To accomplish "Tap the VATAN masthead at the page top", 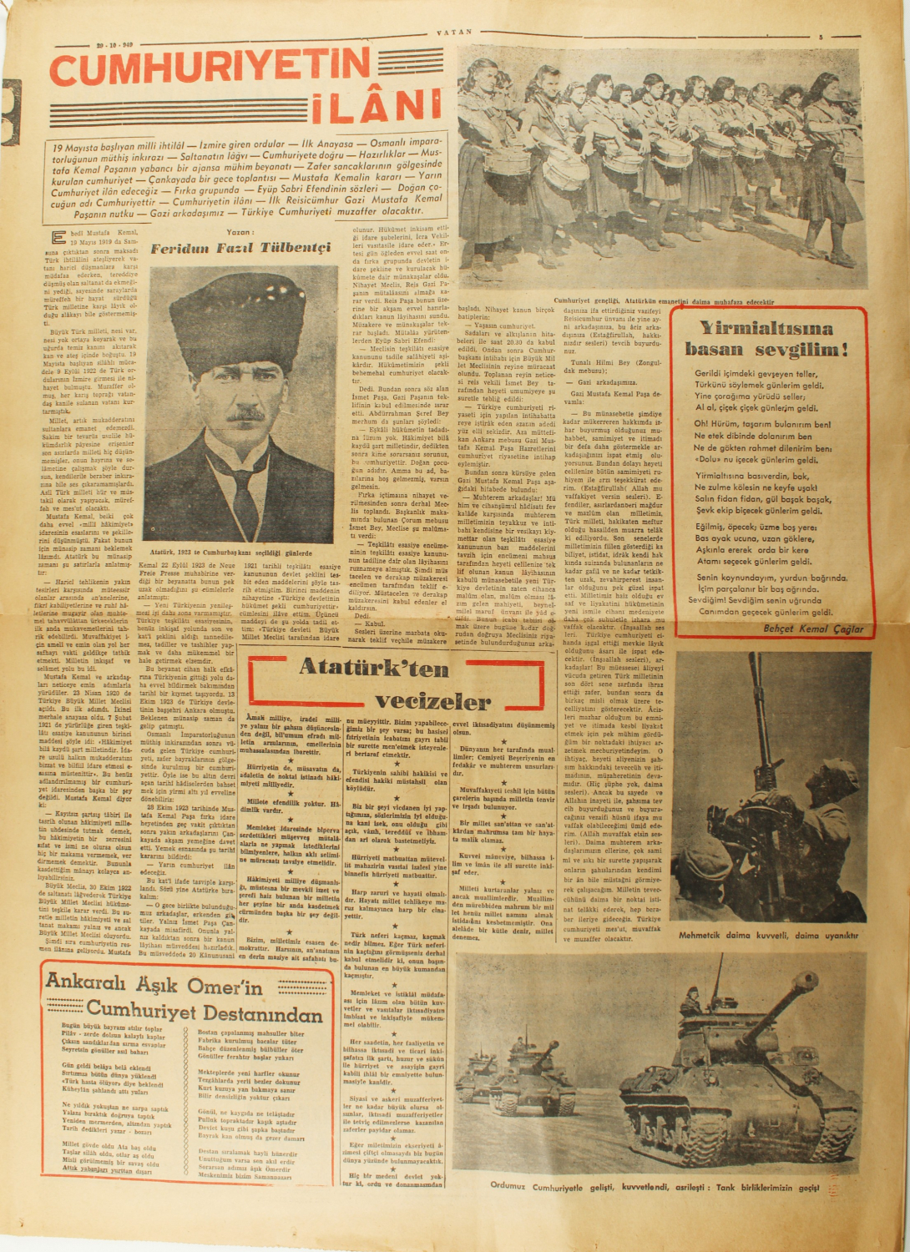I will point(454,32).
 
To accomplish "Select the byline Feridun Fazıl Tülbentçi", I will point(241,249).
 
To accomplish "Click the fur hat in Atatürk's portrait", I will point(237,314).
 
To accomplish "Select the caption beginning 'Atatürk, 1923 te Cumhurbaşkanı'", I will point(242,553).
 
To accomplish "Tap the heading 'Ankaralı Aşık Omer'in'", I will point(154,985).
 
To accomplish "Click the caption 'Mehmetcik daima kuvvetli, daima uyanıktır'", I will point(768,935).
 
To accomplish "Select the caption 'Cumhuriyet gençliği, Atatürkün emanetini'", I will point(664,301).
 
